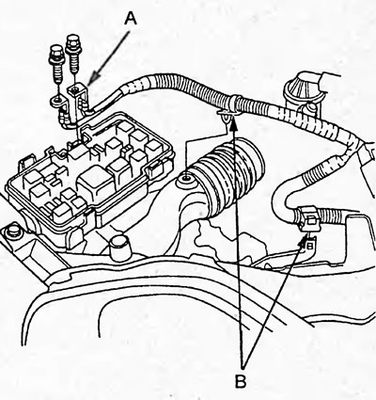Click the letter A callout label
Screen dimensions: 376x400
(131, 18)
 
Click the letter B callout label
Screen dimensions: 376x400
(241, 381)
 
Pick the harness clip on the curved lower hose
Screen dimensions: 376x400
(307, 219)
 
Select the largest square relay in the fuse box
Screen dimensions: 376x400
(95, 183)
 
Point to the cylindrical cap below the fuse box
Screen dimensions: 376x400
(120, 247)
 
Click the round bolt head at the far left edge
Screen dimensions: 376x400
(12, 231)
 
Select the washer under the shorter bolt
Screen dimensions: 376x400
(57, 101)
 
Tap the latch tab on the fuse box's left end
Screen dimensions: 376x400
(25, 162)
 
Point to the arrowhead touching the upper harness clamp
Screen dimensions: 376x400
(232, 126)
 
